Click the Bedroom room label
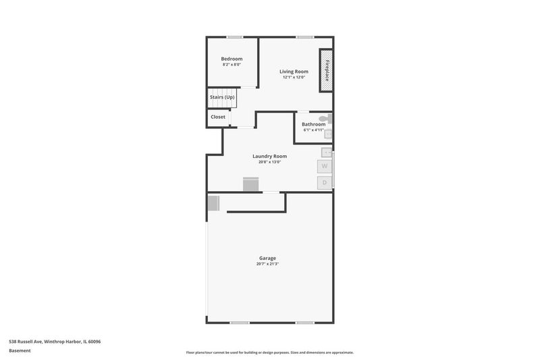[x=232, y=59]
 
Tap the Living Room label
[x=294, y=72]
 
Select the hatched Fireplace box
[x=326, y=71]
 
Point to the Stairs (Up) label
[x=222, y=97]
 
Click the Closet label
[x=218, y=117]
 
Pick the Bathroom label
[x=313, y=124]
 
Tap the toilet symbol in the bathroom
[x=325, y=119]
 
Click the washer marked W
[x=325, y=166]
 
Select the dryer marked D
[x=325, y=183]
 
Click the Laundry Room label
[x=269, y=157]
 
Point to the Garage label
[x=267, y=258]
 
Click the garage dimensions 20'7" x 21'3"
[x=267, y=264]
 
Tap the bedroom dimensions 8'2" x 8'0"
[x=232, y=64]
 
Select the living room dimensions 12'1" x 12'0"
[x=294, y=77]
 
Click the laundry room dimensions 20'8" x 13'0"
[x=269, y=162]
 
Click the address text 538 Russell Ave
[x=26, y=342]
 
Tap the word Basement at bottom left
[x=20, y=351]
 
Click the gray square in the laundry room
[x=250, y=184]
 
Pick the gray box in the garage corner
[x=213, y=203]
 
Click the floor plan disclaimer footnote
[x=270, y=353]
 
